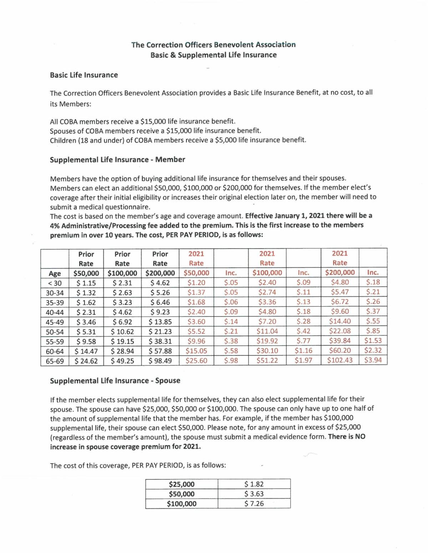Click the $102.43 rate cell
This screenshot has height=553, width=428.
(x=340, y=360)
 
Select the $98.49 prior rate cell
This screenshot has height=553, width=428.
(x=160, y=361)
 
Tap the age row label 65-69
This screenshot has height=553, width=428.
(x=55, y=361)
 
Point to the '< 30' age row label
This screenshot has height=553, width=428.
(x=55, y=283)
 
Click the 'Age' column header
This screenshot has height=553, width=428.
(x=55, y=273)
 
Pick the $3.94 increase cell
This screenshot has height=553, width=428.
(x=373, y=360)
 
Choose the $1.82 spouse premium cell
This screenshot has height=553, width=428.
(x=254, y=484)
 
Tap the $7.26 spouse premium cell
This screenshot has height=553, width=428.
(x=254, y=504)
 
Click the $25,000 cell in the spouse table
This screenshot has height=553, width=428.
(x=182, y=484)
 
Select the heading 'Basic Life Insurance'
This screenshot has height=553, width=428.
(x=84, y=75)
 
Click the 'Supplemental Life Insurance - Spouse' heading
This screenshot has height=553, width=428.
(x=115, y=380)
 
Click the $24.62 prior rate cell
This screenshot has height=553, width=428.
(x=86, y=361)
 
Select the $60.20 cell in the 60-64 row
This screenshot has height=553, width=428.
(x=340, y=350)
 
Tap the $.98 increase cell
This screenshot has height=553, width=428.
(x=231, y=360)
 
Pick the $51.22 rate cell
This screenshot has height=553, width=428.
(x=267, y=360)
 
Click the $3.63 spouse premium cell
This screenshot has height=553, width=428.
(x=254, y=494)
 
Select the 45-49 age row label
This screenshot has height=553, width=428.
(x=55, y=322)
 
